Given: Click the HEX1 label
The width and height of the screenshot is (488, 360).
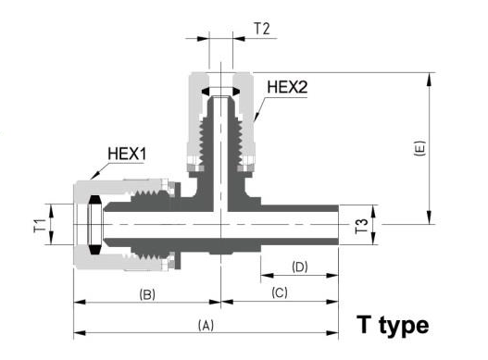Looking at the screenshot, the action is (127, 154).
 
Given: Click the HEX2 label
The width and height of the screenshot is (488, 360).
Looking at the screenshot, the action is (287, 87).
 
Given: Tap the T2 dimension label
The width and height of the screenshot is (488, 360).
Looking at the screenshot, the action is (262, 29).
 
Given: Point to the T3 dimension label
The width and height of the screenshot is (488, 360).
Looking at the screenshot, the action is (361, 226).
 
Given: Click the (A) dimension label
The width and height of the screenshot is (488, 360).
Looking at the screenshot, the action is (206, 325).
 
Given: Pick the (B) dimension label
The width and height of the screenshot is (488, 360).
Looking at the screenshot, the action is (147, 294).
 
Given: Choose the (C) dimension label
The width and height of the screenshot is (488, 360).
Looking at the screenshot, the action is (280, 292).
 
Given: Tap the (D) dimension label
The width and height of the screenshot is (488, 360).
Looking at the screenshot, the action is (300, 267).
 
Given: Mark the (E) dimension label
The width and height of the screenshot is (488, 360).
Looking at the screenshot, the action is (419, 148).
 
